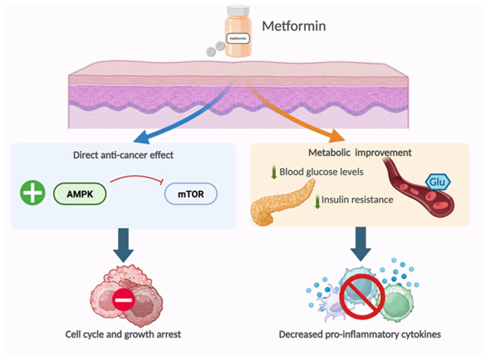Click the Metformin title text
[293, 26]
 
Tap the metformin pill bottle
[238, 31]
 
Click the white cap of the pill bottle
[238, 11]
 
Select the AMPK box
[80, 194]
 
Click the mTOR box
[190, 194]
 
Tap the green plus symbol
[33, 193]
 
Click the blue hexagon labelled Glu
[437, 182]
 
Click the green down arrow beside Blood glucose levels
[274, 172]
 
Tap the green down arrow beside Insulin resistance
[317, 202]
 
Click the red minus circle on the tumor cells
[124, 300]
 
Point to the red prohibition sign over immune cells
[362, 297]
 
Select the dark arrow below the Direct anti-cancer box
[124, 245]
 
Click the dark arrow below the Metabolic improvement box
[360, 244]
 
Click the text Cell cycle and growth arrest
[123, 335]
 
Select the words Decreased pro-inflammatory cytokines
[360, 335]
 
